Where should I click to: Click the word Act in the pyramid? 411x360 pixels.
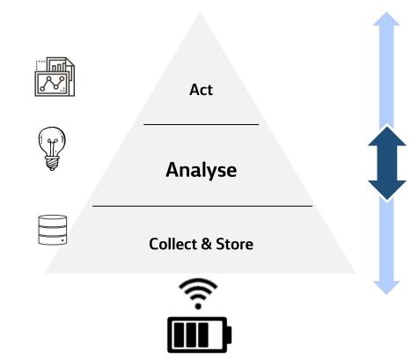coord(201,90)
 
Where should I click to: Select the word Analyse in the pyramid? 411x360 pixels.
coord(202,171)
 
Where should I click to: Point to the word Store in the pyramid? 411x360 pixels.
coord(234,244)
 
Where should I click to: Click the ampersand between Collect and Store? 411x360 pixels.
coord(206,244)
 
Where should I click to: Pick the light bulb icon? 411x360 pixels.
coord(52,149)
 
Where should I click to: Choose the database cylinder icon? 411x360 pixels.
coord(53,230)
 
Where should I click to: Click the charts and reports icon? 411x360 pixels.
coord(55,77)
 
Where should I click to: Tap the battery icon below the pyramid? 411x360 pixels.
coord(200,334)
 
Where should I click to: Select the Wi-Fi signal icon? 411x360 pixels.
coord(198,294)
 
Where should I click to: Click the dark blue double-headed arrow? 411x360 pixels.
coord(387,164)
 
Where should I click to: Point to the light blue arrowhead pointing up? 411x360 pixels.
coord(386,19)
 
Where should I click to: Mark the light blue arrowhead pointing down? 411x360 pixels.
coord(386,288)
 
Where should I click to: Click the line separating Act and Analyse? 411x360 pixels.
coord(202,124)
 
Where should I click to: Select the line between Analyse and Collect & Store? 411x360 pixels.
coord(202,206)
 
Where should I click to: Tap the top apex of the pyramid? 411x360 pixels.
coord(200,12)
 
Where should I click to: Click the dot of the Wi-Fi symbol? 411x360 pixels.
coord(198,306)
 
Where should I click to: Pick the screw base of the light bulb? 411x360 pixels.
coord(52,164)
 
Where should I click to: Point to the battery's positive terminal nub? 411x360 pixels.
coord(229,334)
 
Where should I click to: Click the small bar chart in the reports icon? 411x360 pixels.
coord(58,67)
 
